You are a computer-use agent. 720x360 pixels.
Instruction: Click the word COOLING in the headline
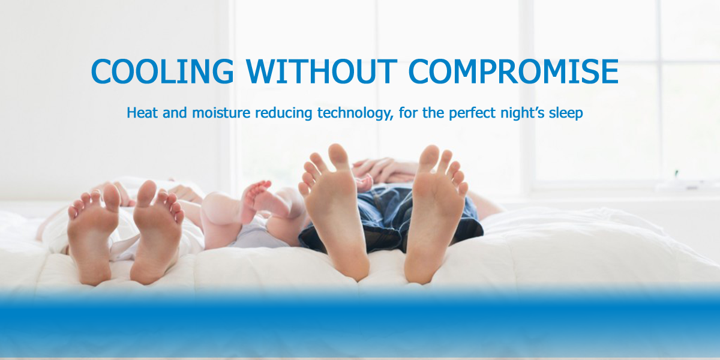click(x=163, y=71)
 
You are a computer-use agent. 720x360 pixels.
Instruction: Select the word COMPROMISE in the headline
click(x=514, y=71)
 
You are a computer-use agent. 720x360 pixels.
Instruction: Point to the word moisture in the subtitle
click(x=221, y=113)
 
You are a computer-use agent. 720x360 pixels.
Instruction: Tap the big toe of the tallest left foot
click(x=339, y=155)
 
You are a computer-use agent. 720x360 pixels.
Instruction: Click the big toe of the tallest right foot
click(x=430, y=157)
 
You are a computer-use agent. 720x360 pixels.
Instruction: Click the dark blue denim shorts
click(x=391, y=218)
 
